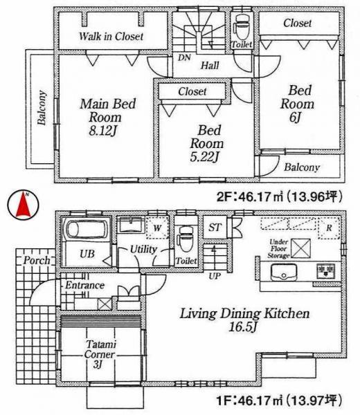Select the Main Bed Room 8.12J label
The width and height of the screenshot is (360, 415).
click(107, 117)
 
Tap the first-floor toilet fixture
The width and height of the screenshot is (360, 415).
click(184, 239)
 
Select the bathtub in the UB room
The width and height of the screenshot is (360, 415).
click(83, 230)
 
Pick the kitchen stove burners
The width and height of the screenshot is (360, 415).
click(325, 271)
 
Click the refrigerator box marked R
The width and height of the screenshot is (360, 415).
click(328, 228)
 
